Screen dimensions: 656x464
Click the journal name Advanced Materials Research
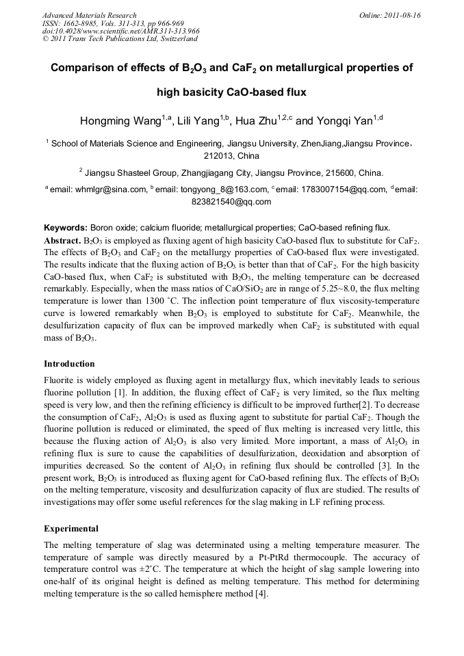pyautogui.click(x=89, y=15)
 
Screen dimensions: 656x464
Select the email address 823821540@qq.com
pyautogui.click(x=231, y=202)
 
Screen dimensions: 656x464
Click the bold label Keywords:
pyautogui.click(x=65, y=228)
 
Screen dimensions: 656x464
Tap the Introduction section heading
pyautogui.click(x=69, y=364)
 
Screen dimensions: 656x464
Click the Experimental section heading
pyautogui.click(x=71, y=529)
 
